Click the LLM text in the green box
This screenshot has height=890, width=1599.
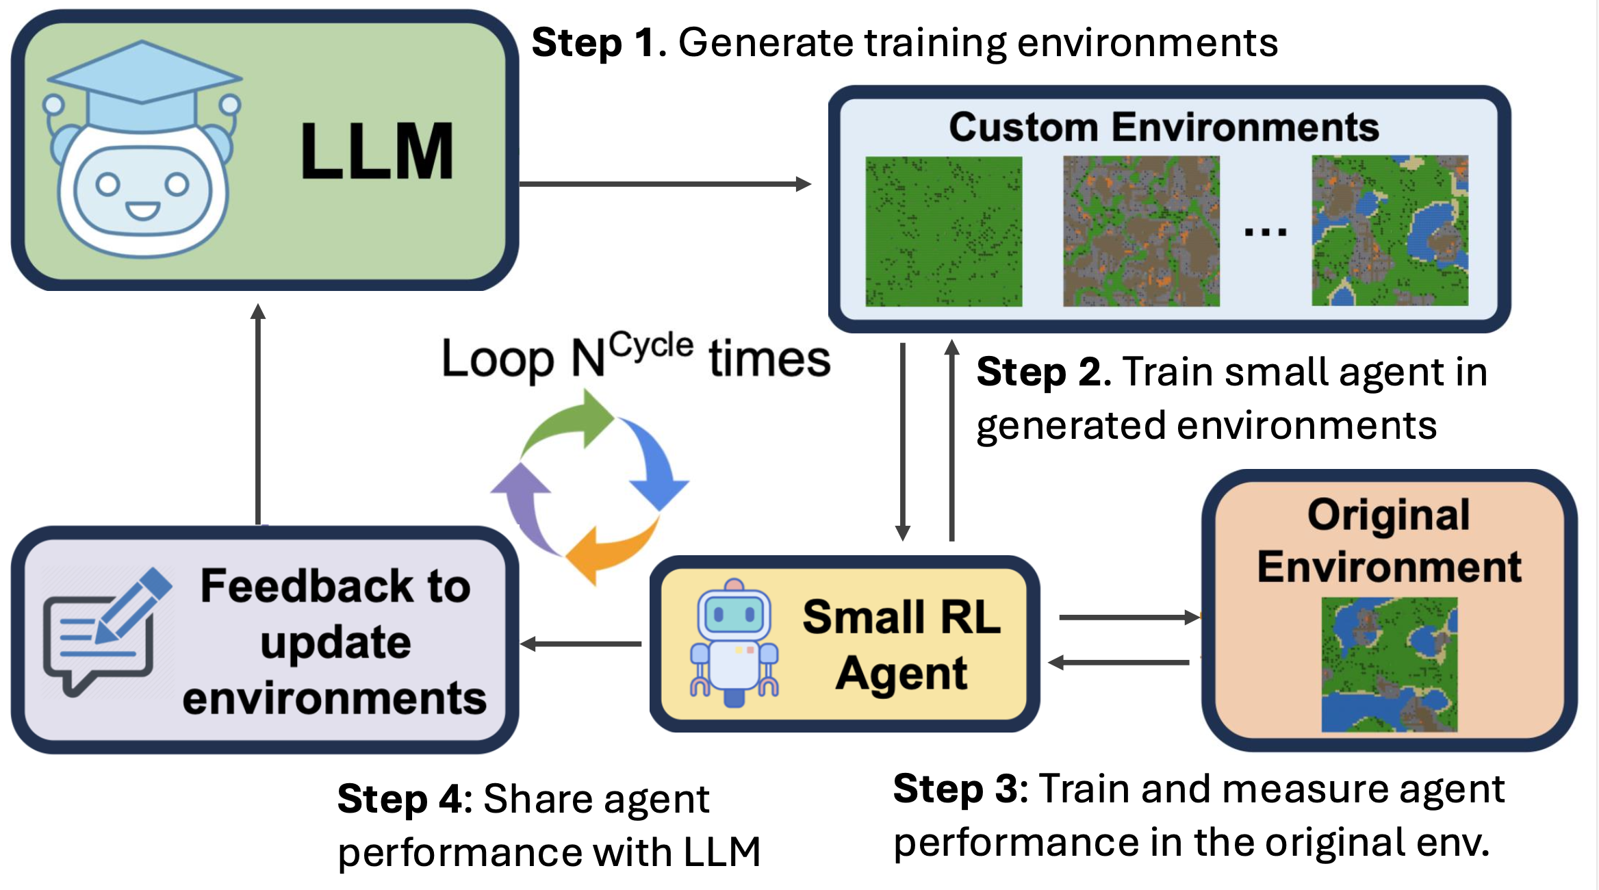(377, 151)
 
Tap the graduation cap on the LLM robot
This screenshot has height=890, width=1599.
(142, 86)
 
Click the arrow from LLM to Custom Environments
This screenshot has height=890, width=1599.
(664, 183)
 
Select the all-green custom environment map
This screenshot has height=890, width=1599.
(943, 231)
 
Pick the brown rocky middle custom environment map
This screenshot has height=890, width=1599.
(1141, 231)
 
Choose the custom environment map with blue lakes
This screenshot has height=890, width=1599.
(1390, 231)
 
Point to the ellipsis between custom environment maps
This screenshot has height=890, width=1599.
(1265, 233)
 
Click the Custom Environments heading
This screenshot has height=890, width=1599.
(1164, 127)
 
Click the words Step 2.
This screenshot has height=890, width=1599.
(1043, 372)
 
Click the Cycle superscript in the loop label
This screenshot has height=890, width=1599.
(651, 345)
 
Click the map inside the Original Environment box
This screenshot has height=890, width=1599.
(1389, 664)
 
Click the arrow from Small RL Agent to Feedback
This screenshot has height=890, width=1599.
(582, 644)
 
